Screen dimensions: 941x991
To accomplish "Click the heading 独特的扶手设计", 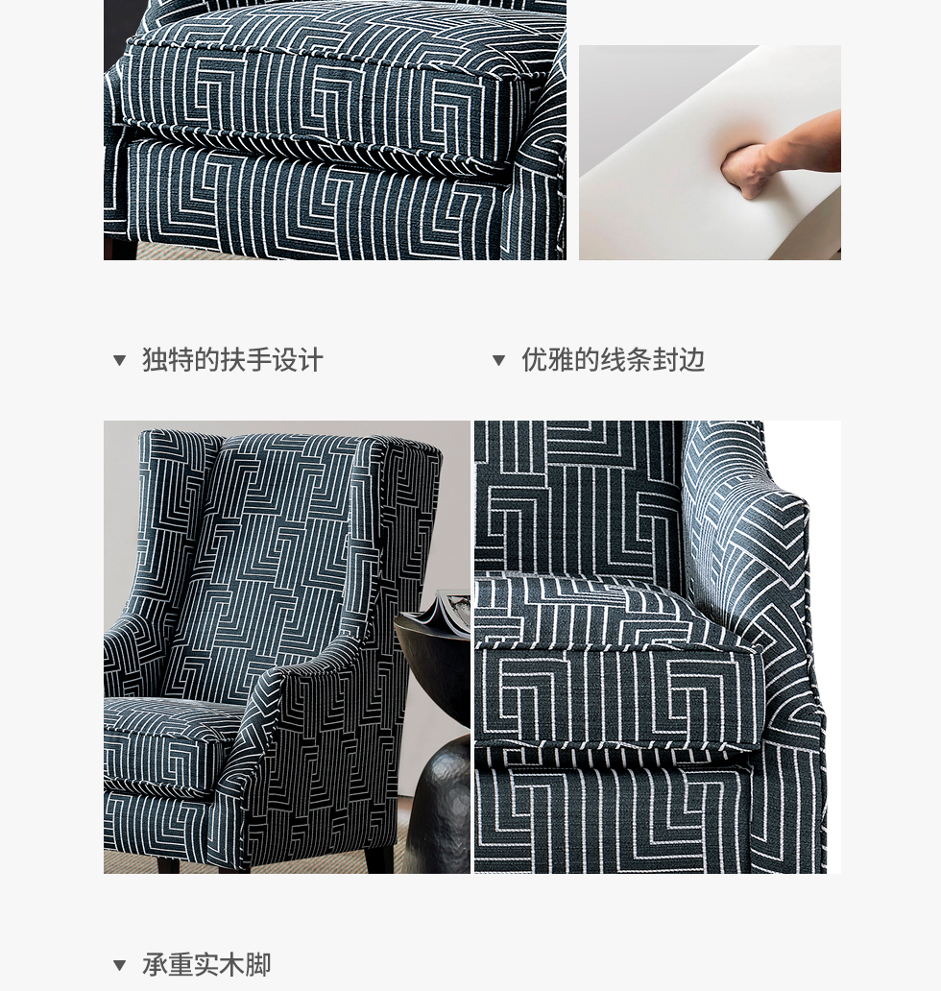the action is [232, 360].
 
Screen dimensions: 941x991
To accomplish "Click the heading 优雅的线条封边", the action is [613, 360].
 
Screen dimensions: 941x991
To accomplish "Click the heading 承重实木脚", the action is [206, 965].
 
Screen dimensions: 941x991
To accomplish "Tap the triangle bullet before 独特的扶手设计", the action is [119, 360].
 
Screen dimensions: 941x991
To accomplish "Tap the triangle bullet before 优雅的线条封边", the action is [498, 360].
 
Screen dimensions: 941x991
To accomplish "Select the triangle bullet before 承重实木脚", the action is [119, 965].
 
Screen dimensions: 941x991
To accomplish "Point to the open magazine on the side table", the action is [439, 609].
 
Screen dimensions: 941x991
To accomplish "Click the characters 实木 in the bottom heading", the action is [219, 965].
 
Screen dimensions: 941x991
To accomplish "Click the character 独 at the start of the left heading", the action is [155, 360].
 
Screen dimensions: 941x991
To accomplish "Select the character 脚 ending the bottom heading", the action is [258, 965].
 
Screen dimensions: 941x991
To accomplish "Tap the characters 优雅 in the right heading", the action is [547, 360].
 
